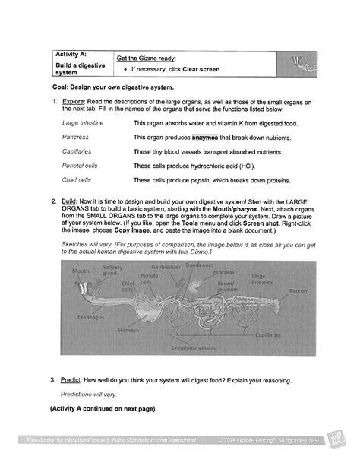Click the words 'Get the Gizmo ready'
tap(143, 57)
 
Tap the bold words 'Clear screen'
tap(199, 69)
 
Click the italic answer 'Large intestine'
tap(81, 122)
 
